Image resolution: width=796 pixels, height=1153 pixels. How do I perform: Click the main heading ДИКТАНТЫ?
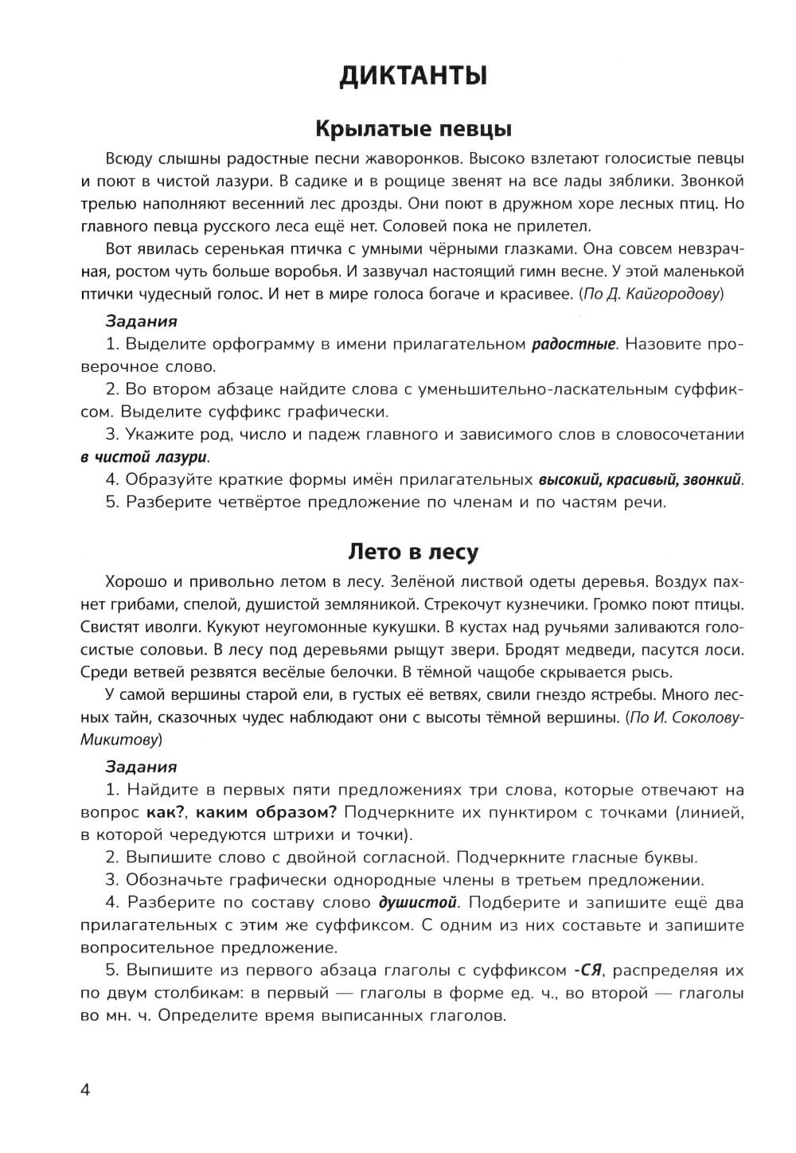(x=413, y=76)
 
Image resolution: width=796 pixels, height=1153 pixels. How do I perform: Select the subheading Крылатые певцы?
(x=413, y=129)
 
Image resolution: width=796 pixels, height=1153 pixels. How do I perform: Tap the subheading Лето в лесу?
(x=413, y=551)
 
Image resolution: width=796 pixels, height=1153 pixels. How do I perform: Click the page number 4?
(x=86, y=1089)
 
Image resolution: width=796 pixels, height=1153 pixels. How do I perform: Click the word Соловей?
(x=454, y=225)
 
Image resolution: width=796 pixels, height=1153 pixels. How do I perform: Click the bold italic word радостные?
(x=573, y=344)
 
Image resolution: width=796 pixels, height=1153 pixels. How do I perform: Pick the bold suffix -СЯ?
(x=587, y=971)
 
